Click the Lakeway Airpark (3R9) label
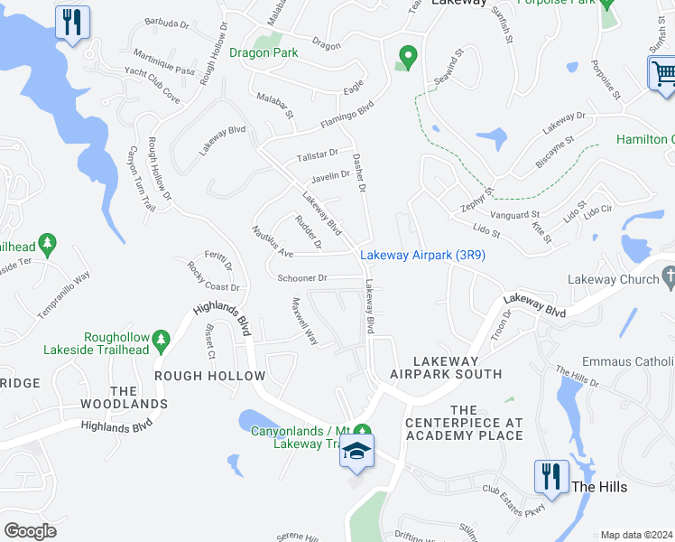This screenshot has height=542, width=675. (x=423, y=256)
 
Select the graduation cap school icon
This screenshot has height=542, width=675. (x=356, y=452)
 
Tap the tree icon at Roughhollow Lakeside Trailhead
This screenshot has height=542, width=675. (x=162, y=340)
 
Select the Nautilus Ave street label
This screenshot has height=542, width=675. (x=273, y=241)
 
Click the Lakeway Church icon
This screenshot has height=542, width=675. (x=667, y=279)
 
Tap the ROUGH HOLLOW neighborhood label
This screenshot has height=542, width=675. (x=209, y=376)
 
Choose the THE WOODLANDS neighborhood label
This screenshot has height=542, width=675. (x=124, y=397)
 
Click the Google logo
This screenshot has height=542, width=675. (x=30, y=531)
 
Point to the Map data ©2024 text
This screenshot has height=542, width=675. (x=636, y=535)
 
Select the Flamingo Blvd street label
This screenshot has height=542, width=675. (x=347, y=115)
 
